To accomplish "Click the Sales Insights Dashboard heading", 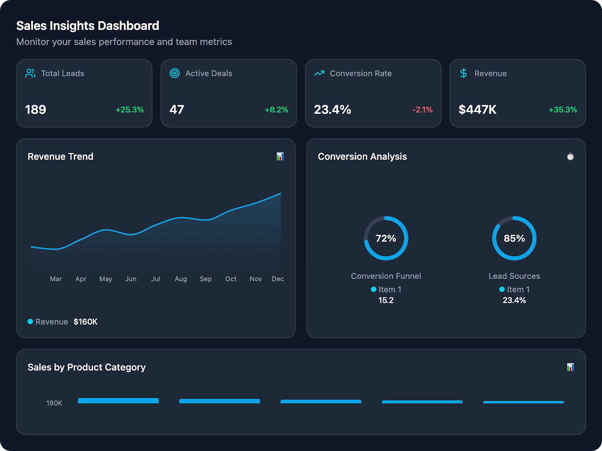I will [x=88, y=26].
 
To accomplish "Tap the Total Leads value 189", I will [x=35, y=110].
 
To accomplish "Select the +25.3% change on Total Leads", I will [x=129, y=110].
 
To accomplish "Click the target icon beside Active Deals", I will [x=174, y=73].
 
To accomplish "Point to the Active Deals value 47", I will [x=177, y=110].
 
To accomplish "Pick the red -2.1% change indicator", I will [x=422, y=110].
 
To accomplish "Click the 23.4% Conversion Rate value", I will [x=332, y=110].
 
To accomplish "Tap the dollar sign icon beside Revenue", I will [x=463, y=73].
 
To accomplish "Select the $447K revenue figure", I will [x=477, y=110].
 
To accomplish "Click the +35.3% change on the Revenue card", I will [x=563, y=110].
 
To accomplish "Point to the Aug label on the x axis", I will [x=181, y=279].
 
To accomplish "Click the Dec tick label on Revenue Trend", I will [x=278, y=279].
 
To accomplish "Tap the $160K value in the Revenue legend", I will [x=86, y=322].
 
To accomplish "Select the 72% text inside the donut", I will [x=386, y=239].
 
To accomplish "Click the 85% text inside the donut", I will [x=514, y=239].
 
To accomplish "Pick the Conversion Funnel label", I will [x=386, y=276].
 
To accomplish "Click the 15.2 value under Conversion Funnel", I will [x=386, y=300].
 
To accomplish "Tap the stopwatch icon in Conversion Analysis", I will [x=570, y=156].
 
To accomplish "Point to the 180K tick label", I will [x=54, y=403].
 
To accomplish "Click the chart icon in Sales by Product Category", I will [x=570, y=367].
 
